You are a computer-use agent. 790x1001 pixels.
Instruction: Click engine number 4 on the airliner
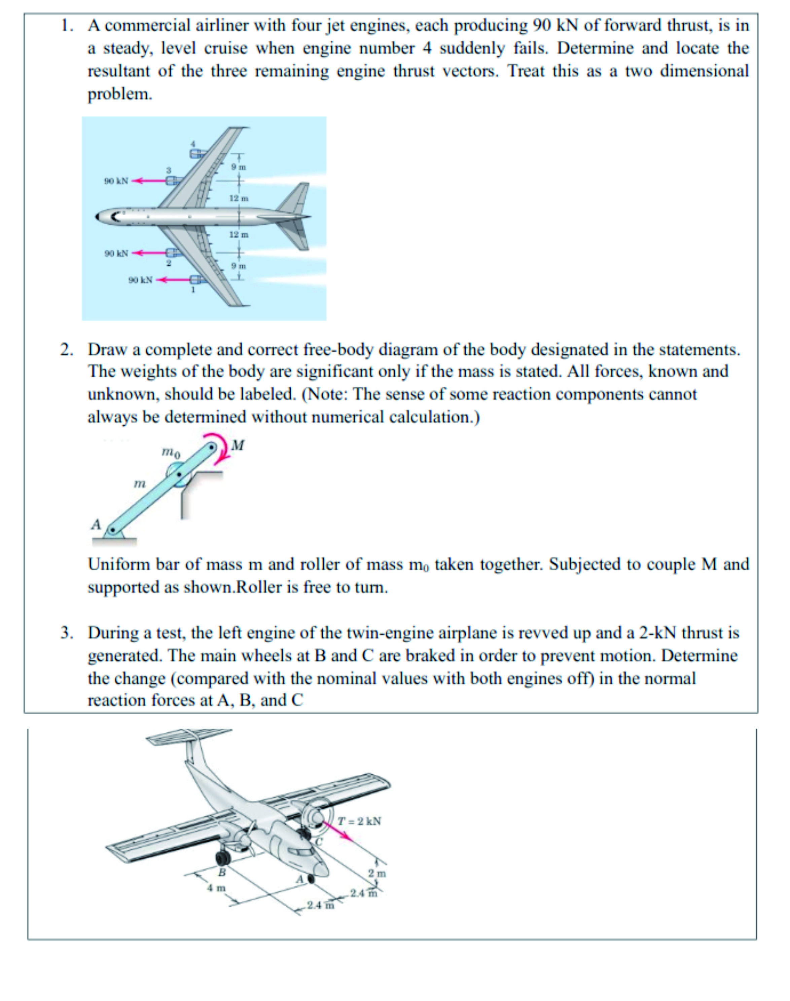point(198,154)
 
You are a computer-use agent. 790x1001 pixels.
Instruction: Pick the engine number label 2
point(169,263)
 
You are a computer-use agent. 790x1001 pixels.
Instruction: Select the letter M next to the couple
point(238,446)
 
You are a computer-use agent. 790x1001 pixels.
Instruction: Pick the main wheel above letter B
point(223,857)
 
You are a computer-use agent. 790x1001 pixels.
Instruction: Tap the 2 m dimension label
point(377,873)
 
